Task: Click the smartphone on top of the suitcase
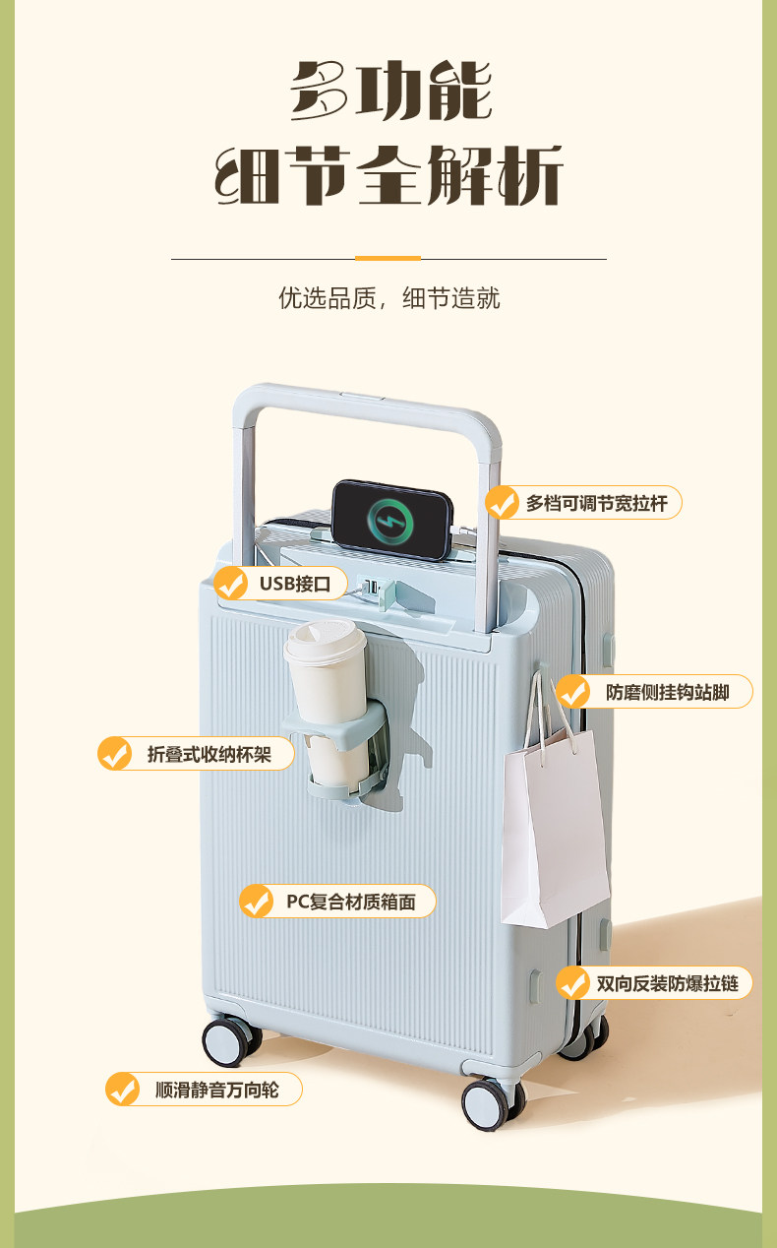390,518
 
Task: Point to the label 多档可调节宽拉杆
596,503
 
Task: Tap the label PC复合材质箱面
350,901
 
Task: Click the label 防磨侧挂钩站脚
667,692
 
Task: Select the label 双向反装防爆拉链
667,983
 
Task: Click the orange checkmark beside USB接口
231,584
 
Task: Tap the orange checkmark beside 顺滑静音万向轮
123,1090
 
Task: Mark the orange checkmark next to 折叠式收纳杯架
115,754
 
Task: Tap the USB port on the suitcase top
371,588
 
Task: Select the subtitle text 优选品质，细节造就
388,298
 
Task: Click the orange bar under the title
388,258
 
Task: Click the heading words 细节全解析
388,177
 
